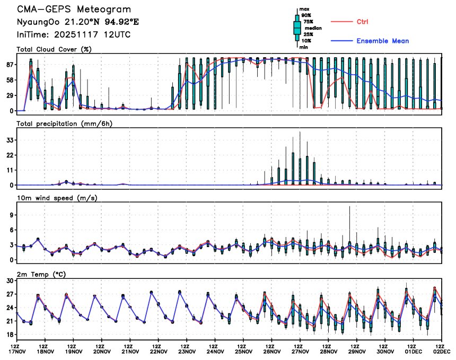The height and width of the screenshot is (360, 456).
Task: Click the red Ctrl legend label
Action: click(363, 21)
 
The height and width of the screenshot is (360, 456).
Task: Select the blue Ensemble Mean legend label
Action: click(382, 41)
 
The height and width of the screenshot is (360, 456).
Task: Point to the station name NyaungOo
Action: click(39, 23)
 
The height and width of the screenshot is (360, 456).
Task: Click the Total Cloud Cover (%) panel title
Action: click(54, 49)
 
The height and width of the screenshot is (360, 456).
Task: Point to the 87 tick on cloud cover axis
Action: click(9, 64)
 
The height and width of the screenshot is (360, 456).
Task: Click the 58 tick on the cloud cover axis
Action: click(9, 80)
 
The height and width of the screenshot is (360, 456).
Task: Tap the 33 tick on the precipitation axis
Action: click(9, 140)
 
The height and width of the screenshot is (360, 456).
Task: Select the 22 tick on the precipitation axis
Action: click(9, 155)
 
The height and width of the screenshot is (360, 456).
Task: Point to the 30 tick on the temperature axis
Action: click(9, 280)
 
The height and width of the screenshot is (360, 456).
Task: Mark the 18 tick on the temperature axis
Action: click(9, 335)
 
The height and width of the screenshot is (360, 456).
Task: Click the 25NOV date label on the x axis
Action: click(243, 351)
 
